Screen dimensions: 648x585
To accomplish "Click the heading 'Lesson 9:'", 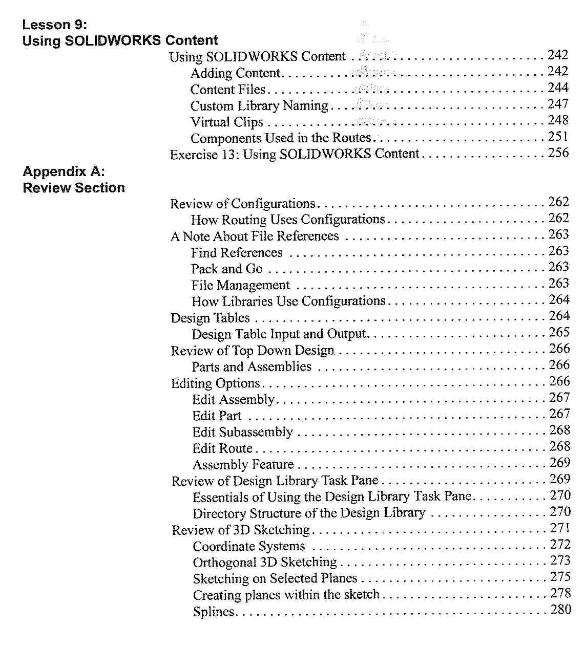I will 55,25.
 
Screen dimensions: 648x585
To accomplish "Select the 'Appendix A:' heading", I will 64,171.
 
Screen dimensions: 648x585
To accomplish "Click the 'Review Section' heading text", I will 74,188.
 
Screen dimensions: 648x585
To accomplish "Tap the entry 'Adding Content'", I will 235,73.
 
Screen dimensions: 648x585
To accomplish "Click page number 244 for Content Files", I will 558,88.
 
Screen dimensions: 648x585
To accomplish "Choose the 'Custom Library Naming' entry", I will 259,106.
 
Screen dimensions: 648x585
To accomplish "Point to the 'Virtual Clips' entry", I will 227,122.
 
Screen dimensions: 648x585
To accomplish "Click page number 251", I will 558,137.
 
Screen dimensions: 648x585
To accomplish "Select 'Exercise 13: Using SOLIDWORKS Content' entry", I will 295,154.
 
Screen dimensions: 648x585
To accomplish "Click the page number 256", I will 558,153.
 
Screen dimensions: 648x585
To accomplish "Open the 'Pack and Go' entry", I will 227,269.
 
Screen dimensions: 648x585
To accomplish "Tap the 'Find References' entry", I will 237,252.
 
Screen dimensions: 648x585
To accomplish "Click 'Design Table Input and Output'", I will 279,334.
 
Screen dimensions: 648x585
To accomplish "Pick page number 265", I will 559,333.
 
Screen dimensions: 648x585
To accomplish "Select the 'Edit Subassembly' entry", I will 242,432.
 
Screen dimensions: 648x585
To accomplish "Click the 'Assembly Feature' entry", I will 243,465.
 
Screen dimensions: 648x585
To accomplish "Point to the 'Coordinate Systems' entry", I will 249,546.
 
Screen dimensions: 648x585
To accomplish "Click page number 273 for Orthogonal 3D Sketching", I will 560,561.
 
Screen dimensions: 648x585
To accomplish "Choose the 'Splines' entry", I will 214,612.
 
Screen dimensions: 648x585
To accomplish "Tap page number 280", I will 560,610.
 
